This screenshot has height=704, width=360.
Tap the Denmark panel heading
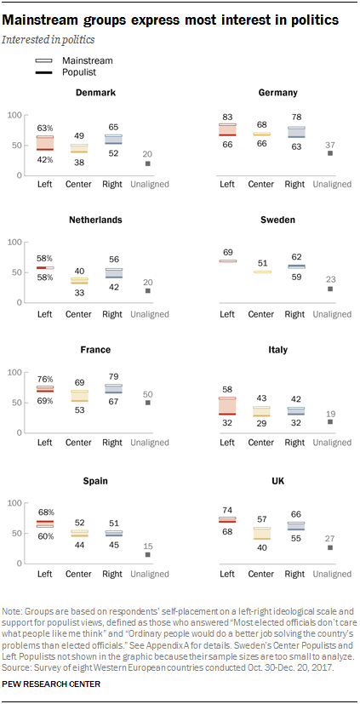[95, 92]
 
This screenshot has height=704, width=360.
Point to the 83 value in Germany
[226, 116]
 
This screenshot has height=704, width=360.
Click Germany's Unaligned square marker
[329, 153]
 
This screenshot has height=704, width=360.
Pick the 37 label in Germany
[329, 142]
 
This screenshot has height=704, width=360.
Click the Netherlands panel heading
[95, 220]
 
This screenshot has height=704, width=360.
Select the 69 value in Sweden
[226, 253]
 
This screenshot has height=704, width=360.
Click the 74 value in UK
[226, 508]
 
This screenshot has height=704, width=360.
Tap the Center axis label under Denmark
[78, 184]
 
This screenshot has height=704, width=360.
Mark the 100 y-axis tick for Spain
[14, 504]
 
